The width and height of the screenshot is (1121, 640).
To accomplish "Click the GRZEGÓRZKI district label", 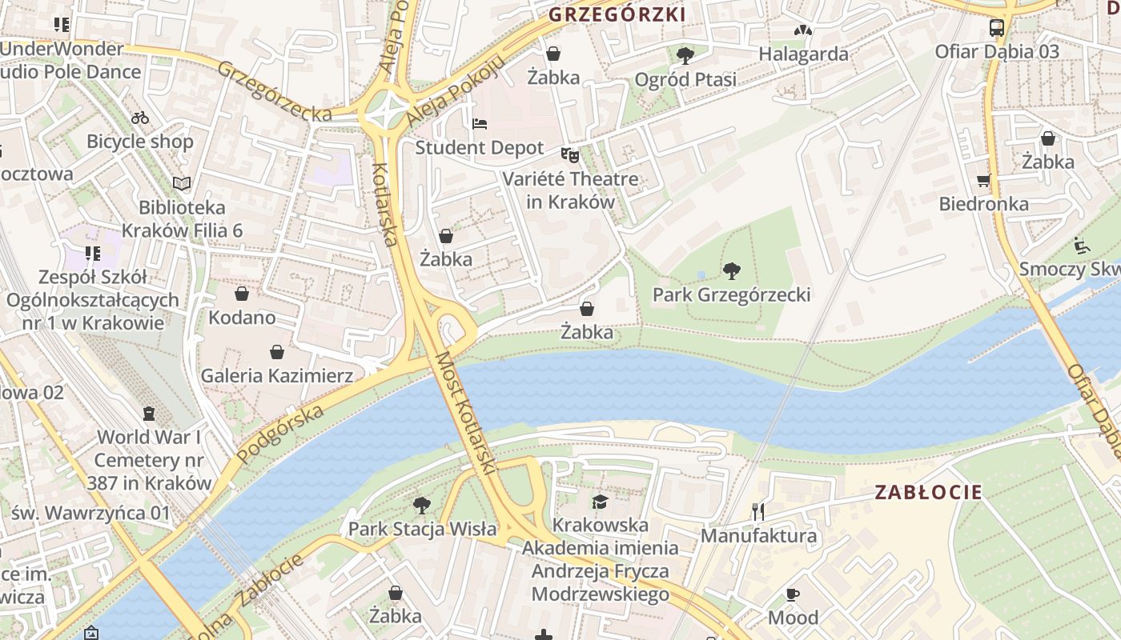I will coord(617,14).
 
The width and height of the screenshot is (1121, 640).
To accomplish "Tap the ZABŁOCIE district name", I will coord(927,492).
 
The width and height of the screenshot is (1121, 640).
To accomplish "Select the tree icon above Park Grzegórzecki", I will coord(731,271).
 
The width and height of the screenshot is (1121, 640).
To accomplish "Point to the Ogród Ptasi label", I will coord(685,80).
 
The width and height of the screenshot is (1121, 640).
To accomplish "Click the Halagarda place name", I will coord(803,54).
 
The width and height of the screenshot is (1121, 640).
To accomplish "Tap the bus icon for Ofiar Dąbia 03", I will coord(997,28).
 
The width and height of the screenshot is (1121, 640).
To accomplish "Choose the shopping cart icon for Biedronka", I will coord(984,180).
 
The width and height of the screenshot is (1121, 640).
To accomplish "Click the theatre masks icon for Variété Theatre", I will coord(570,154).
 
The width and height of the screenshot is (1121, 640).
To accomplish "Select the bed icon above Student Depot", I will coord(479,124).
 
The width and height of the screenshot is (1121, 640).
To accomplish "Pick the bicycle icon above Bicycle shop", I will coord(140,118).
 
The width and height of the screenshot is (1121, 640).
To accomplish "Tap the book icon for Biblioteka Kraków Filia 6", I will coord(183,183).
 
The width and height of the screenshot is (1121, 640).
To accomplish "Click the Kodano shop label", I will coord(242,318).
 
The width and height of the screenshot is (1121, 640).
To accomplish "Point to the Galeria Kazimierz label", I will coord(276,375).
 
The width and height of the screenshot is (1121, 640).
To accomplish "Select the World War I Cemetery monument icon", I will coord(148,414).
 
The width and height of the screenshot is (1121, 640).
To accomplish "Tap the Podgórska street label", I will coord(281,433).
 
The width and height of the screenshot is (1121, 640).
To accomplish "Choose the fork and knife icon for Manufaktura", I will coord(758,512).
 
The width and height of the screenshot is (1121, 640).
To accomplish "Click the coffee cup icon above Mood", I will coord(793,594).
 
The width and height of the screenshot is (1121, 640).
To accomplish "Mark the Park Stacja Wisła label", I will coord(422,529).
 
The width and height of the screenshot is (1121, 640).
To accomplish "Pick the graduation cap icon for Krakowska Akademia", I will coord(600,502).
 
